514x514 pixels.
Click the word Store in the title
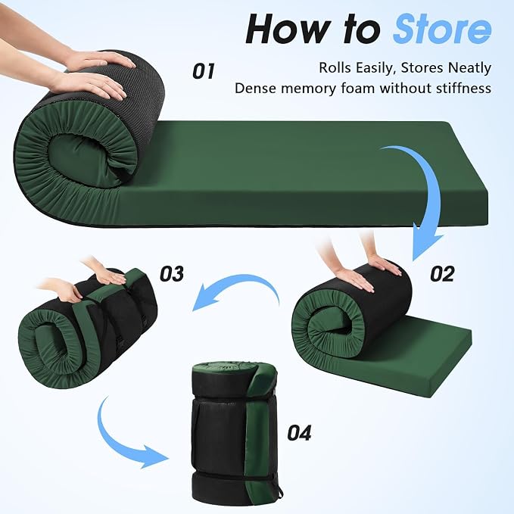442,29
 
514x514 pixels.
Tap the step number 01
204,71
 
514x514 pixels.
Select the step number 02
442,274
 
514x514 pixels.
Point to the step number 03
171,274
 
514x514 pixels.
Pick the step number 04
299,433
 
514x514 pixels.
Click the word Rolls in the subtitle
335,68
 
